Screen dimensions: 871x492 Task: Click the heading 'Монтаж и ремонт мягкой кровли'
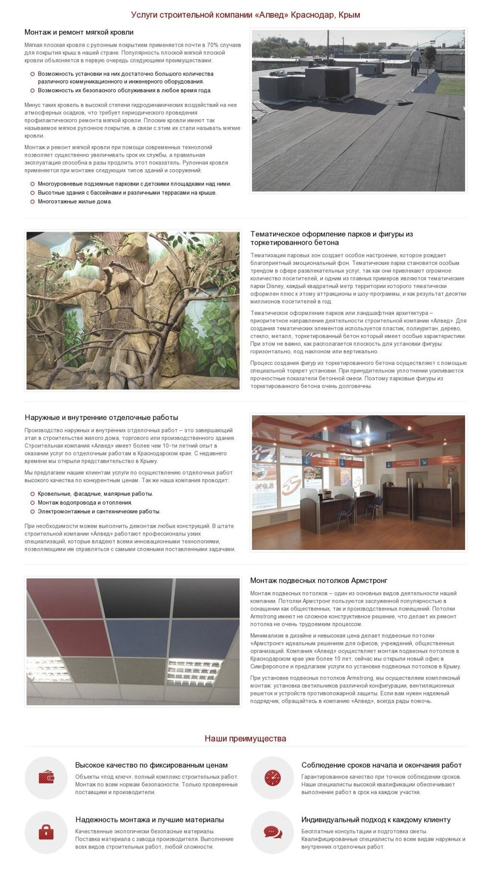79,32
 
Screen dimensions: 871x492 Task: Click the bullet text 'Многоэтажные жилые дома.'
75,201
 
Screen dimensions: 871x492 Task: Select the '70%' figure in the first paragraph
212,45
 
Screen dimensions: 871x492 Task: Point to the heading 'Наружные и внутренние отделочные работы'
101,417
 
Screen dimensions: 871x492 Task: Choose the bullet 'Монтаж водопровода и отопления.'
85,502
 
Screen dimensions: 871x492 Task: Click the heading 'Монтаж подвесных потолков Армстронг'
318,580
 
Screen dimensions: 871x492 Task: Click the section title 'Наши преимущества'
245,738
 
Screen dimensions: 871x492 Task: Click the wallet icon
46,777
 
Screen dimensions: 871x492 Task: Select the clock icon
272,777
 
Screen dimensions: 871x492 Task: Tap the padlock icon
46,832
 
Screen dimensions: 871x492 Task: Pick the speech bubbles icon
272,832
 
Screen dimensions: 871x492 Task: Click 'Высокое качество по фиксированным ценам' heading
151,765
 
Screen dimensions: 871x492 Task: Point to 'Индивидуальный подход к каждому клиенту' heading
376,820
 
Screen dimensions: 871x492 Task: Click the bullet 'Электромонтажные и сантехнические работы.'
99,511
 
